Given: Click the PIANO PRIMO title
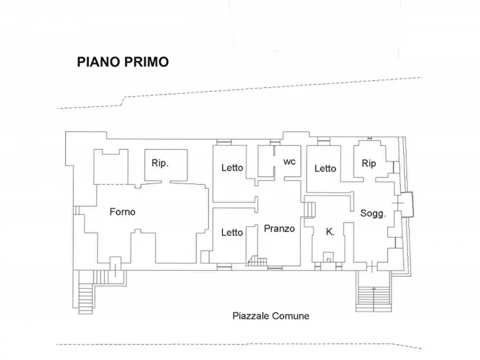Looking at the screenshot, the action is (x=123, y=62).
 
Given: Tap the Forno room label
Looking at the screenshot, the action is (x=123, y=212).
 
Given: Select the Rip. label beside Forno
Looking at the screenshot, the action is (x=160, y=163).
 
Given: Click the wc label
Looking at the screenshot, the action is (x=289, y=162).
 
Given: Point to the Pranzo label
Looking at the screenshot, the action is (x=279, y=228).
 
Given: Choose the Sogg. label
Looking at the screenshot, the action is (x=373, y=213).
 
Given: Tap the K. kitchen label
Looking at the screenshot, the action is (x=330, y=232).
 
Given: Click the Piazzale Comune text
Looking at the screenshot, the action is (x=270, y=315).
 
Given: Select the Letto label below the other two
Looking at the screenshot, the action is (x=232, y=232).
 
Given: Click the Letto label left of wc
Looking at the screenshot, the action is (x=232, y=168).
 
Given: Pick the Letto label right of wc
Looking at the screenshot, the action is (x=325, y=168).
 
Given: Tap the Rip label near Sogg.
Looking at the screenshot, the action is (x=369, y=163).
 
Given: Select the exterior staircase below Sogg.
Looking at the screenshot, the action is (x=374, y=299).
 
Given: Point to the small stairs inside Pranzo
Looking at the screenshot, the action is (x=257, y=261).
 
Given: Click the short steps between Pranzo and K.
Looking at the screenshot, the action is (x=310, y=210).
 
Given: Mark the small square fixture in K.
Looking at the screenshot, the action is (x=329, y=260).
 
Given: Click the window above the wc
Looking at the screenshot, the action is (x=275, y=141).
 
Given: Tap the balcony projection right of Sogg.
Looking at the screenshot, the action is (x=407, y=205).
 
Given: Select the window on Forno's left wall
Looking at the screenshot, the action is (x=76, y=210).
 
